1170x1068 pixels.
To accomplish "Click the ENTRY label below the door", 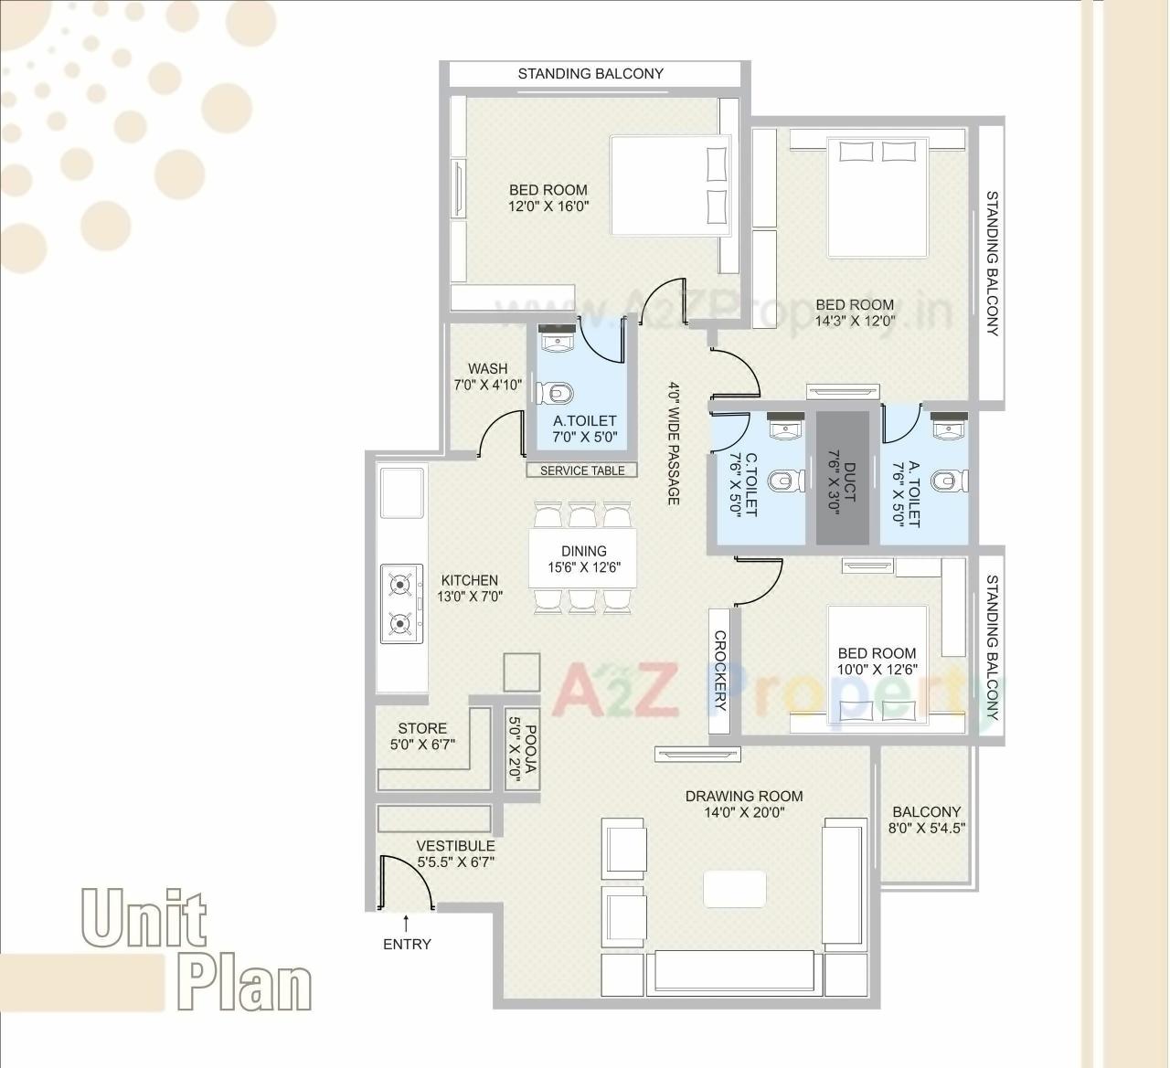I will pos(407,945).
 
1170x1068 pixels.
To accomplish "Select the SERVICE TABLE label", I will pos(582,471).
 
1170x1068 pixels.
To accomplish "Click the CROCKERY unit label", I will pos(720,671).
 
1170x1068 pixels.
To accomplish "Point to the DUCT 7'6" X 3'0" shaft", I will pos(843,478).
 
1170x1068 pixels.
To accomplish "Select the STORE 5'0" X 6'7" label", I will pos(422,736).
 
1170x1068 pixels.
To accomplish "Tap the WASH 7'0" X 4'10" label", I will pos(487,376).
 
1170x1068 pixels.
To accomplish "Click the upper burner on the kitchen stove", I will pos(399,583).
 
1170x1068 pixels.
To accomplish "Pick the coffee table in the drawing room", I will pos(734,888).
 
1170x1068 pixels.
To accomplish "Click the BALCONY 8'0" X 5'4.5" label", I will pos(927,820).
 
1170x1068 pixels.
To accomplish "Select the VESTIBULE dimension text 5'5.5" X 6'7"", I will pos(456,861).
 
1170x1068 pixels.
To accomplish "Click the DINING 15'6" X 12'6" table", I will pos(583,559).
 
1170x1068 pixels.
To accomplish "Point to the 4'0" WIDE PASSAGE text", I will pos(674,443).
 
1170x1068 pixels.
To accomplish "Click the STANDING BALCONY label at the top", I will pos(590,74).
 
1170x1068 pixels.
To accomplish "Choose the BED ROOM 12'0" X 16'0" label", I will pos(548,198).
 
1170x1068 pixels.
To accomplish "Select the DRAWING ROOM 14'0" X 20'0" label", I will pos(744,804).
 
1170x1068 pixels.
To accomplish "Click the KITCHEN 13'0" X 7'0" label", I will pos(470,587).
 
